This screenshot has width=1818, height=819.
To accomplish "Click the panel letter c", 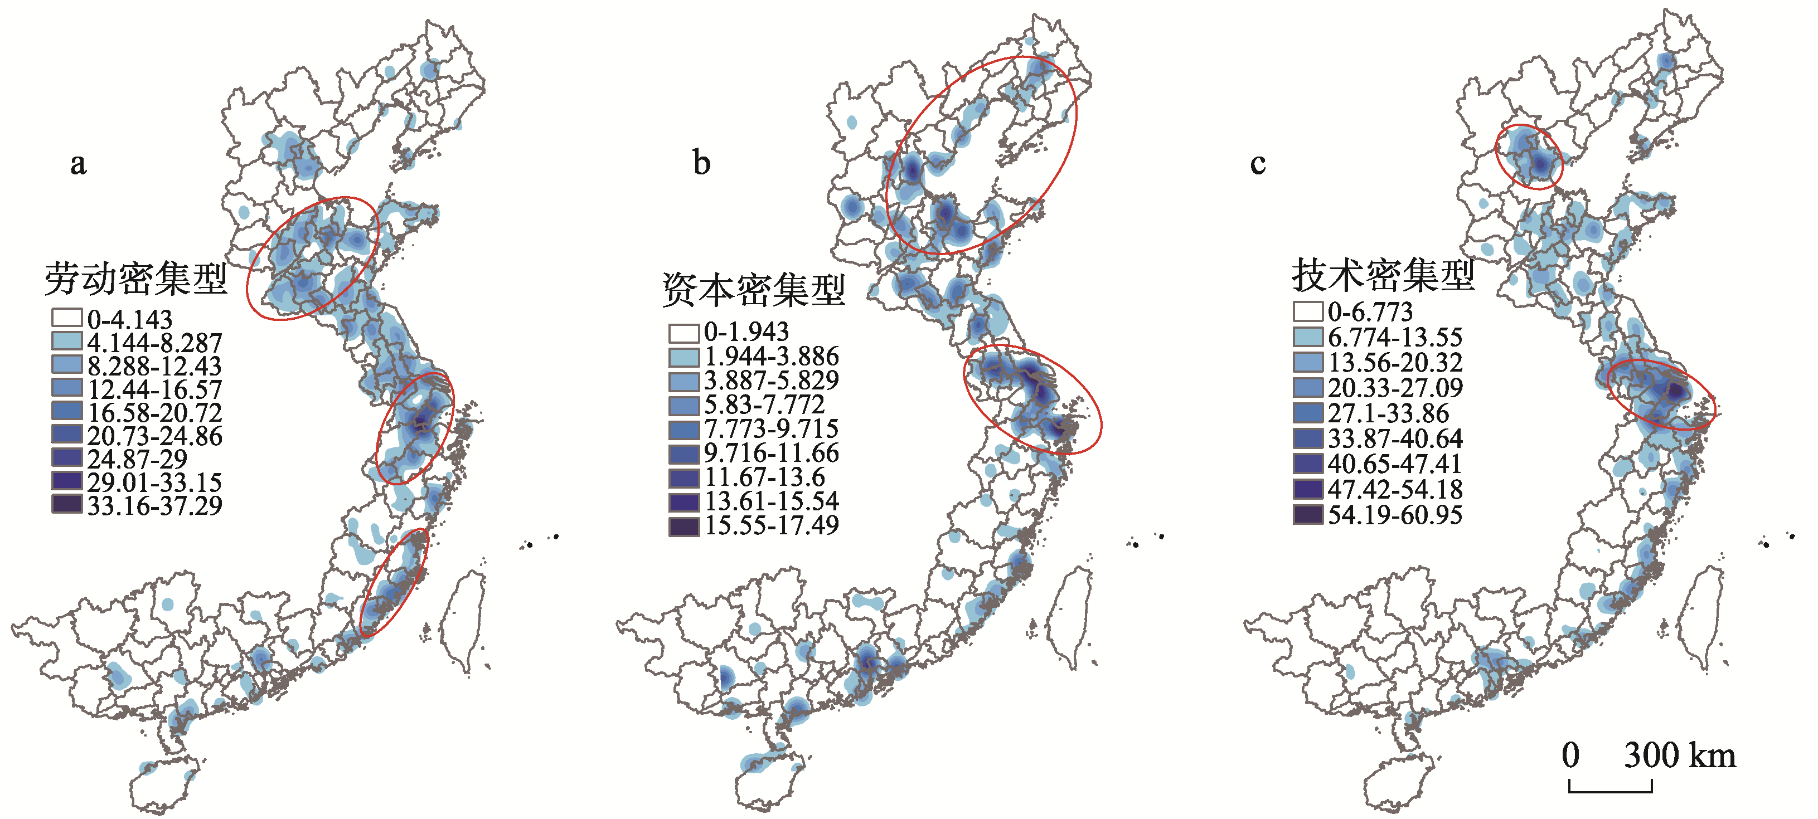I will point(1257,164).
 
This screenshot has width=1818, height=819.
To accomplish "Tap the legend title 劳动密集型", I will point(135,279).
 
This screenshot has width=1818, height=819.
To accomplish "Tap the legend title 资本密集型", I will point(753,290).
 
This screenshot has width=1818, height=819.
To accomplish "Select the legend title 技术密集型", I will point(1383,275).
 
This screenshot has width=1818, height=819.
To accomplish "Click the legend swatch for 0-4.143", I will point(66,318).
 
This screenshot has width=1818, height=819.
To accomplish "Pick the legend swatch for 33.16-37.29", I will point(66,504).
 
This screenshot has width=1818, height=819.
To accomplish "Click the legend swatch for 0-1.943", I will point(684,332).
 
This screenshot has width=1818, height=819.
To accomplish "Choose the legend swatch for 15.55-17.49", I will point(684,525).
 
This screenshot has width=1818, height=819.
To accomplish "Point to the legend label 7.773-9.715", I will point(772,429).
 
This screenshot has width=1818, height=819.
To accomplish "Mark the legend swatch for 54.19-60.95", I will point(1308,514).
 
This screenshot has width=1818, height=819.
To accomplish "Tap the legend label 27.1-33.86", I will point(1388,413).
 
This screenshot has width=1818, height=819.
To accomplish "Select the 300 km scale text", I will point(1679,756).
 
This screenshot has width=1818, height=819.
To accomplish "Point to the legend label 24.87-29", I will point(138,459).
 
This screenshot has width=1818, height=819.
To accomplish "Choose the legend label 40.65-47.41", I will point(1394,464).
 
